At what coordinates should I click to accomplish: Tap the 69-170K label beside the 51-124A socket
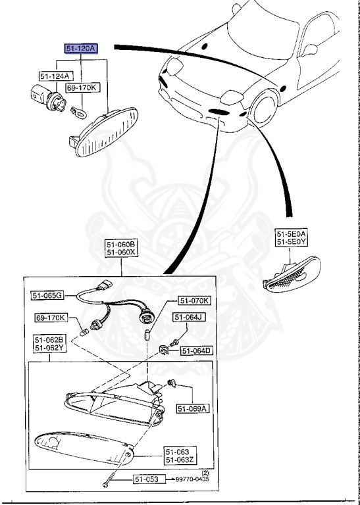point(82,87)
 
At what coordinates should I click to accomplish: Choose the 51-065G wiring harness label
point(47,295)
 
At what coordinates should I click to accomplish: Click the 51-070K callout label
point(194,301)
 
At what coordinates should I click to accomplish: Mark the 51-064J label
point(189,318)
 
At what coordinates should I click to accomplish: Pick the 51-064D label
point(196,351)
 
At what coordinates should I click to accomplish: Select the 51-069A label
point(192,408)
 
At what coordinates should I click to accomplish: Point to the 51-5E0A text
point(292,233)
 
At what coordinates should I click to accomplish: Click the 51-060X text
point(120,252)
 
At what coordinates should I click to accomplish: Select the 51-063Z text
point(178,460)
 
